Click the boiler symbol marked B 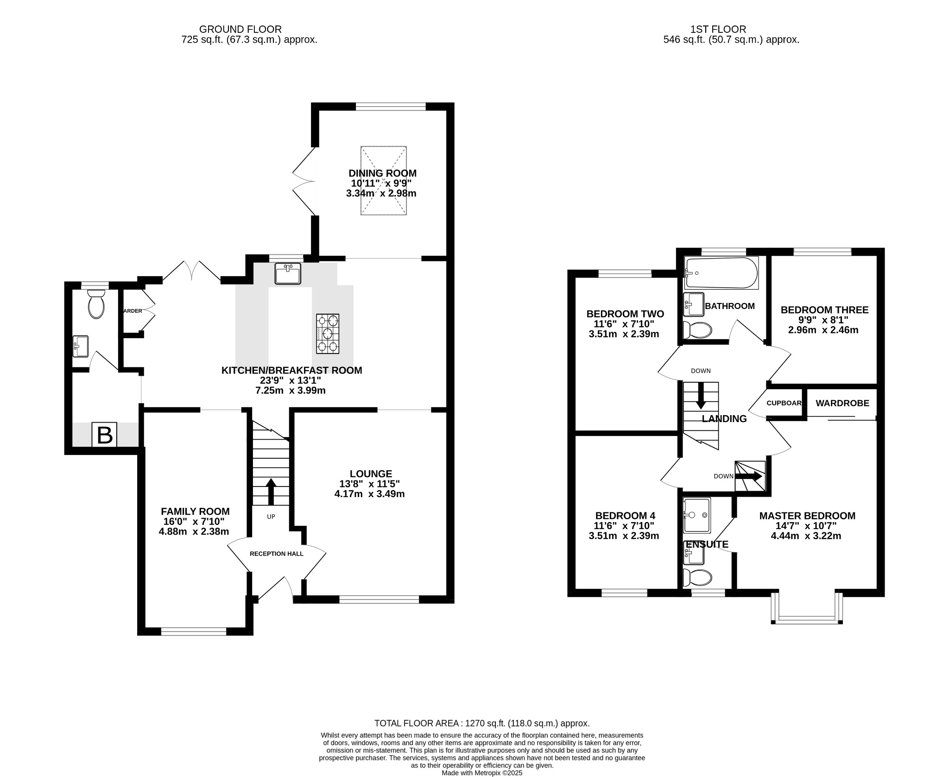tap(104, 435)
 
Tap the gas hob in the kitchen tap(328, 334)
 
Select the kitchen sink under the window tap(287, 273)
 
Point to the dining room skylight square tap(384, 181)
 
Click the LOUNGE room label tap(371, 474)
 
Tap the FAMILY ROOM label tap(195, 512)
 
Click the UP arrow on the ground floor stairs tap(271, 492)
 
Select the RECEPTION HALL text tap(276, 554)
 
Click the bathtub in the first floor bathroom tap(721, 273)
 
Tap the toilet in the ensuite tap(697, 578)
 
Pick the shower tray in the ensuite tap(696, 515)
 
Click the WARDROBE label tap(842, 403)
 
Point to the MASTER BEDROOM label tap(807, 516)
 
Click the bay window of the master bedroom tap(807, 617)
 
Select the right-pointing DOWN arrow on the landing tap(749, 476)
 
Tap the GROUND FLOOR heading tap(240, 30)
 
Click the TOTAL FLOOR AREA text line tap(482, 723)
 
